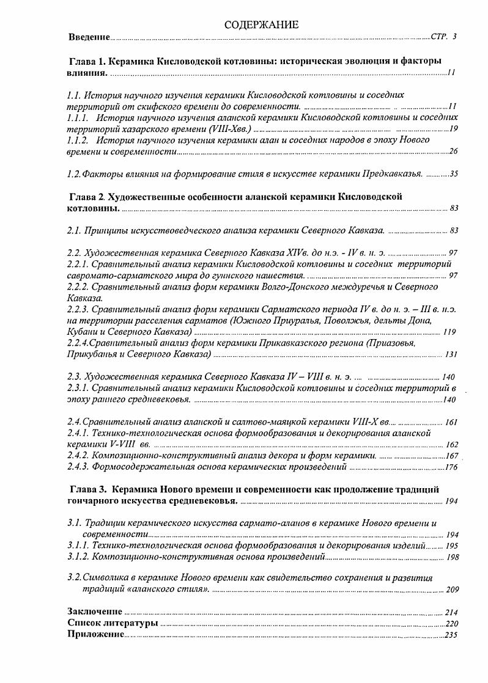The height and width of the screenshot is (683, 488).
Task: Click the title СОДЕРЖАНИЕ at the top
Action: (261, 25)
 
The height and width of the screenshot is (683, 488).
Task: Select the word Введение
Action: (89, 38)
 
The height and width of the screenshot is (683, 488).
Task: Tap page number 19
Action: (453, 129)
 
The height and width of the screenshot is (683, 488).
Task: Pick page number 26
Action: (453, 152)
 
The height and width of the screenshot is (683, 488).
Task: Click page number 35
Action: (453, 174)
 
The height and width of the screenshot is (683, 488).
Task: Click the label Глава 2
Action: (89, 197)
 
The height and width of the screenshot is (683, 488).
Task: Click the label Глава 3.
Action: (89, 489)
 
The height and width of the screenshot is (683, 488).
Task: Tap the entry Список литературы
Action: (113, 623)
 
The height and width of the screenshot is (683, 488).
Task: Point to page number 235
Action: (451, 635)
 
